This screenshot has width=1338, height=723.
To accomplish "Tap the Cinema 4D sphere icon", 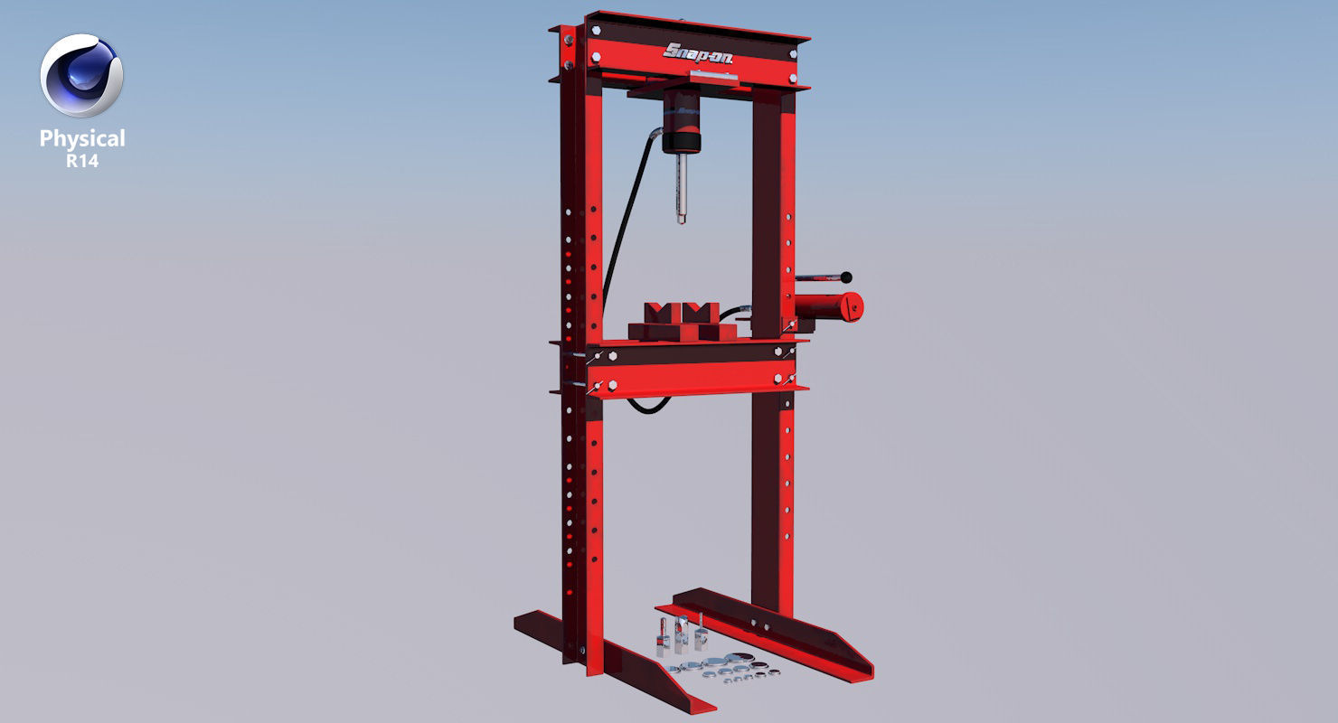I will tap(81, 76).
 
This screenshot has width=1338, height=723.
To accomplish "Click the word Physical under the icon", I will tap(82, 138).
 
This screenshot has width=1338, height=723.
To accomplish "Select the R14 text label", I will tap(82, 162).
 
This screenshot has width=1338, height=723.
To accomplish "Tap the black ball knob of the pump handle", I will tap(848, 277).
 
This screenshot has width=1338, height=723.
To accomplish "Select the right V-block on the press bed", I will tap(702, 322).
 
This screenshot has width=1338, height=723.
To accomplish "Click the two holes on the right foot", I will tap(761, 623).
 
